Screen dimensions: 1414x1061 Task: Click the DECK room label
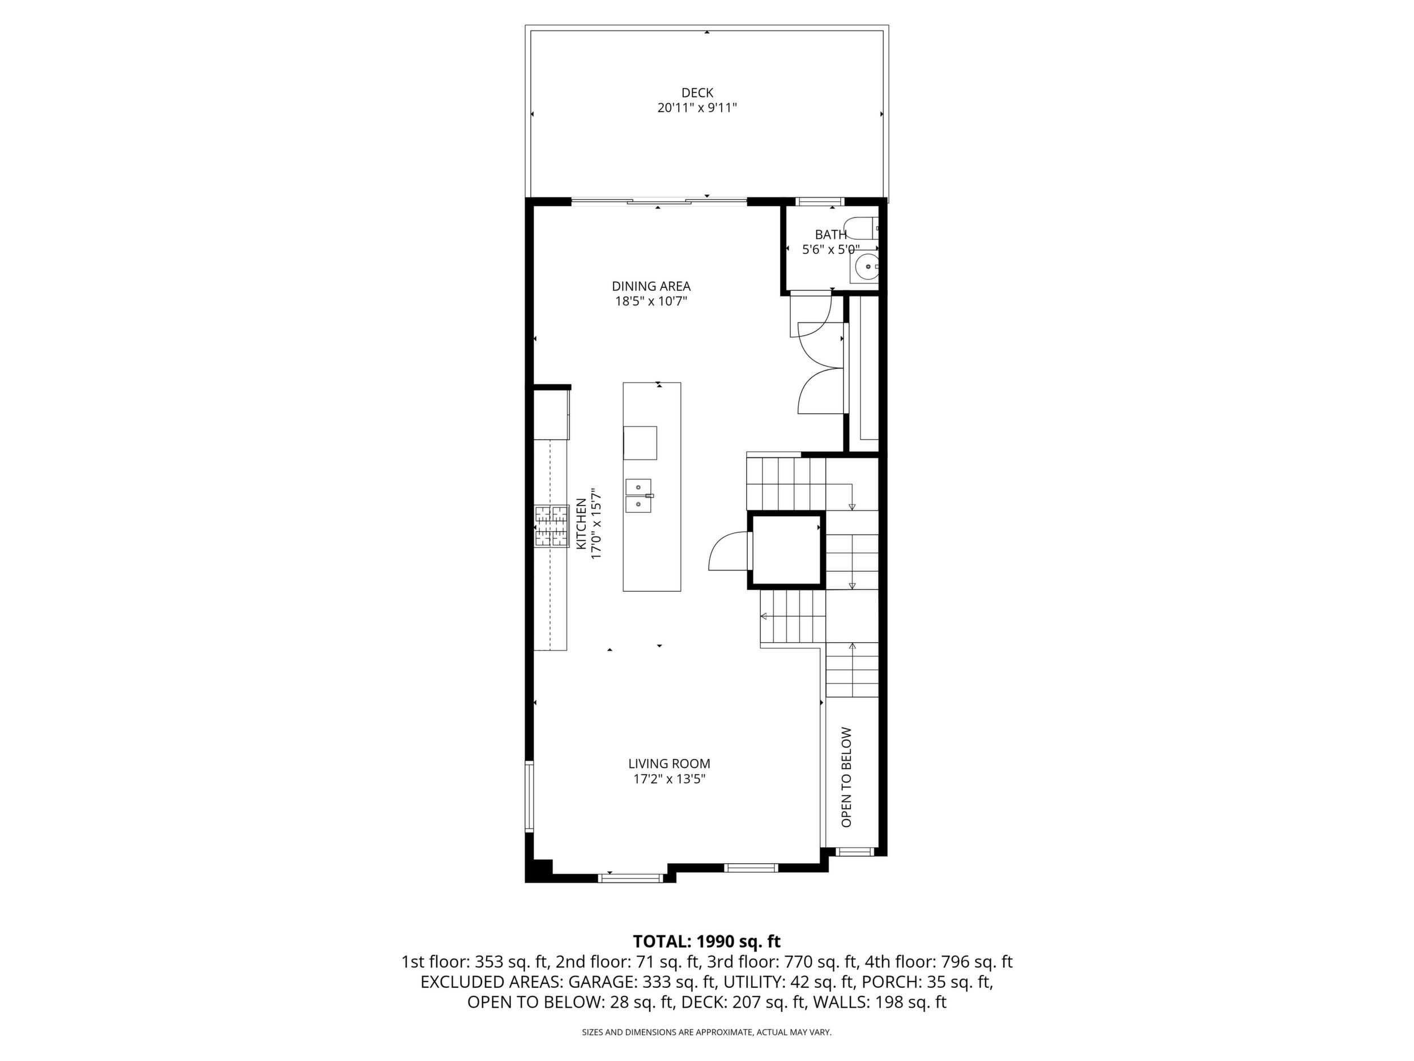point(697,93)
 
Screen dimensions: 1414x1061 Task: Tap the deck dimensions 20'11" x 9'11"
point(697,108)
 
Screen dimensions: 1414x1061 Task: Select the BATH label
point(830,235)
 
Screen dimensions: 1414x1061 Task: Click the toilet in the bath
point(862,228)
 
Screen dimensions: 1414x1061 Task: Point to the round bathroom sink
point(867,265)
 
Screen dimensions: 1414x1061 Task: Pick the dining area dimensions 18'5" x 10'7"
point(651,301)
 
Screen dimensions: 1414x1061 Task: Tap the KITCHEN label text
point(581,523)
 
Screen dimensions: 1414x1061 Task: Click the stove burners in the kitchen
point(552,527)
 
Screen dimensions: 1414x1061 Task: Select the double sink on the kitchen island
point(638,496)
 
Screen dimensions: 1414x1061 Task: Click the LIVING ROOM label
point(668,763)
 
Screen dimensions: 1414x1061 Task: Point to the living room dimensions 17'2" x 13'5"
point(668,779)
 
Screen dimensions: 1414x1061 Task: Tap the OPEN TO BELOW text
point(846,777)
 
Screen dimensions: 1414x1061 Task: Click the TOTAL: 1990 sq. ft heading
point(706,941)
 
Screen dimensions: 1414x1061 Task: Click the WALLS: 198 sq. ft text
point(880,1002)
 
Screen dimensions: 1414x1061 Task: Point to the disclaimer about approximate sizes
point(706,1032)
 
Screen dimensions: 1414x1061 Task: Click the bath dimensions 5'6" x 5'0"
point(831,249)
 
